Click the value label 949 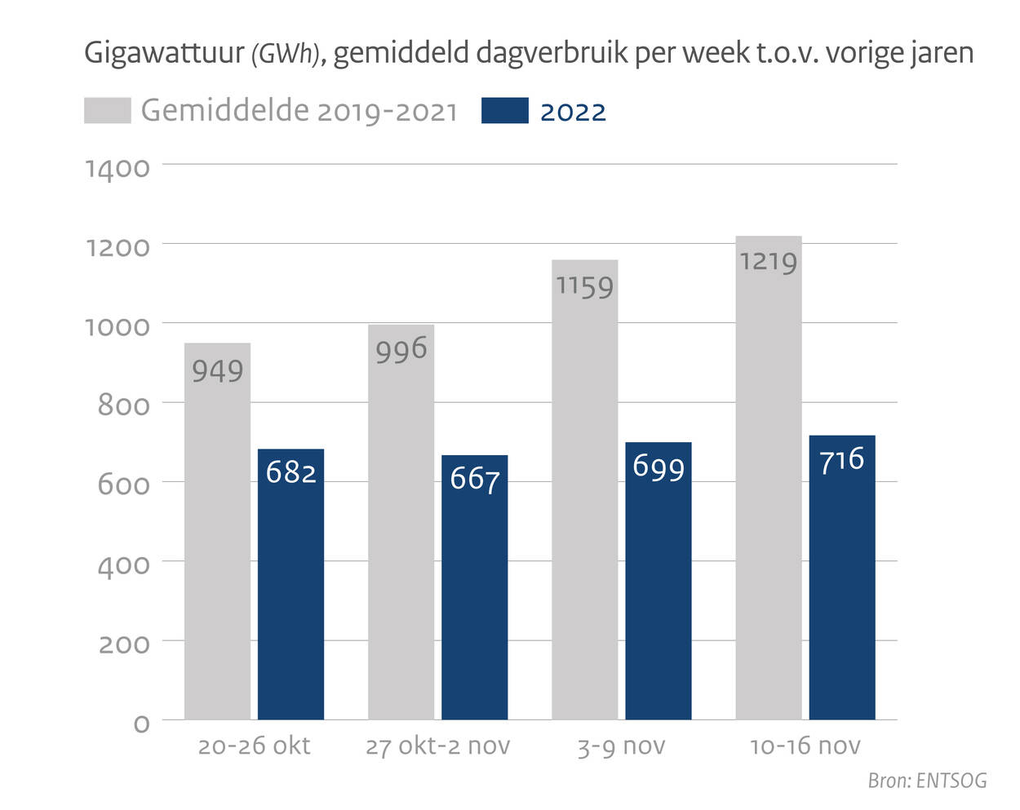tap(218, 371)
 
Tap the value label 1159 tap(584, 286)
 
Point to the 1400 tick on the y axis tap(118, 169)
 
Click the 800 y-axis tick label tap(123, 405)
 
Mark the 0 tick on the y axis tap(141, 724)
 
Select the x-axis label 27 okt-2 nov tap(437, 746)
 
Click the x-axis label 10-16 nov tap(805, 746)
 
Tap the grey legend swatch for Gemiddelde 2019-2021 tap(107, 111)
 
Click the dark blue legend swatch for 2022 tap(504, 111)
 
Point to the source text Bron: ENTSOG tap(927, 781)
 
